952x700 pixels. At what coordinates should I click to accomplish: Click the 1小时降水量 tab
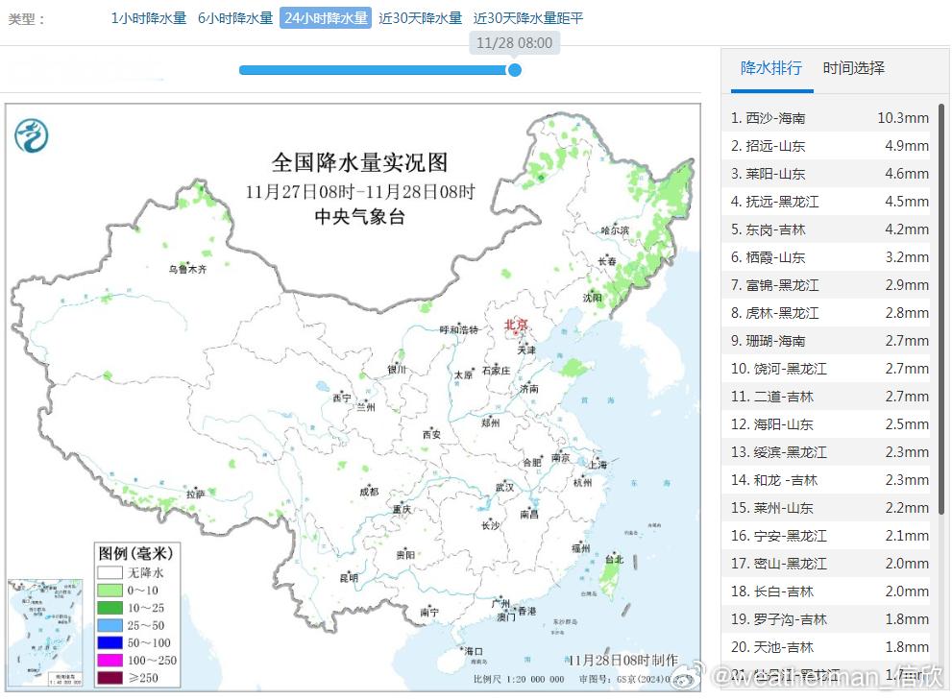click(x=149, y=18)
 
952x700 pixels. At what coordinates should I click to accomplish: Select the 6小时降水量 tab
click(x=235, y=18)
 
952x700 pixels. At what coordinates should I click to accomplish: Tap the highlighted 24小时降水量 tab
click(x=326, y=18)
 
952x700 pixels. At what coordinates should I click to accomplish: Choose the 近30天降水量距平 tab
click(x=527, y=18)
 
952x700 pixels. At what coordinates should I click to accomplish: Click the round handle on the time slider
click(x=514, y=70)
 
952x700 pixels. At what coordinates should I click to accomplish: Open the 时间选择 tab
click(x=854, y=68)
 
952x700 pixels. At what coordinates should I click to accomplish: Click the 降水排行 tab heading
click(x=771, y=68)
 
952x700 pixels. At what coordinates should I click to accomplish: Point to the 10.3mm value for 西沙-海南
click(x=902, y=118)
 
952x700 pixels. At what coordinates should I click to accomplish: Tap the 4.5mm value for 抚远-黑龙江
click(x=907, y=202)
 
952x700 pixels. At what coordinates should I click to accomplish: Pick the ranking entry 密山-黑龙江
click(x=778, y=564)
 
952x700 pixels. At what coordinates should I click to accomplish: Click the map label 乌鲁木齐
click(x=187, y=270)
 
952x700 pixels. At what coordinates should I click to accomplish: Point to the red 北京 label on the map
click(x=516, y=326)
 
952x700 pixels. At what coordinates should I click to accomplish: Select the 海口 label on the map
click(x=474, y=651)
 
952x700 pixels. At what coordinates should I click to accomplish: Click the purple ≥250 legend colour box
click(x=110, y=678)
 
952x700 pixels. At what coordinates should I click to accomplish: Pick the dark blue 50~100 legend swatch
click(x=110, y=642)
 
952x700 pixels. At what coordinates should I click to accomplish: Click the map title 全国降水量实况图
click(x=359, y=162)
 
